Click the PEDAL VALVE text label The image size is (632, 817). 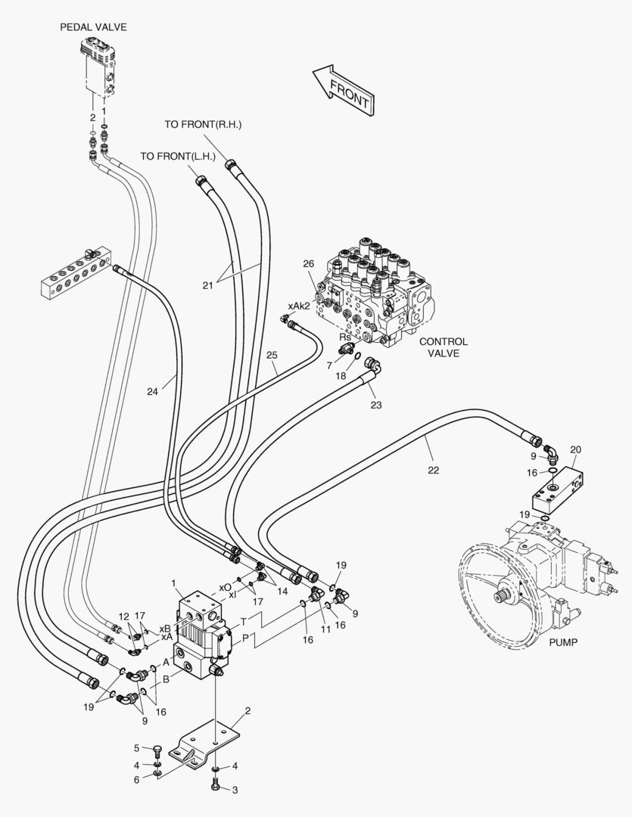(x=93, y=27)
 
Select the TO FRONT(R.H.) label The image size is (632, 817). (x=203, y=124)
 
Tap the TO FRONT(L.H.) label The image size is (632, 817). (x=178, y=157)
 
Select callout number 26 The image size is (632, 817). (x=308, y=263)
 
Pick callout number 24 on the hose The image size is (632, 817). (x=154, y=391)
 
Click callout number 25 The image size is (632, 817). (x=272, y=354)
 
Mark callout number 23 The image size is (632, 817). (x=376, y=405)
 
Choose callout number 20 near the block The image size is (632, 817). (x=575, y=449)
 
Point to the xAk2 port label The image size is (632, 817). (x=298, y=306)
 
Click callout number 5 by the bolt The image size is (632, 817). (x=137, y=748)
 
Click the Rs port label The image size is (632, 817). (x=344, y=338)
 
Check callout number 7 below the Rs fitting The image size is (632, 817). (x=329, y=365)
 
